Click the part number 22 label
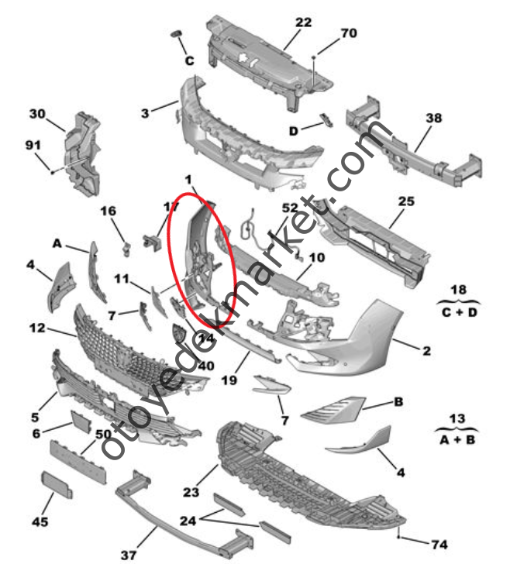[x=303, y=22]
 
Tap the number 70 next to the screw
[x=349, y=33]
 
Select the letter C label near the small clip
[x=189, y=60]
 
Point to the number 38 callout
[x=433, y=118]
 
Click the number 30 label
[x=37, y=114]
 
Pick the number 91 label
[x=33, y=145]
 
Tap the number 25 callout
[x=406, y=201]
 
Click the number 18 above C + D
[x=458, y=290]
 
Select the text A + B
[x=457, y=439]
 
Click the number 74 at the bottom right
[x=439, y=545]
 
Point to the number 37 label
[x=129, y=555]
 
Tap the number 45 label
[x=40, y=521]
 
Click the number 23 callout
[x=191, y=492]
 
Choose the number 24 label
[x=188, y=521]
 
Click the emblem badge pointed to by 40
[x=178, y=332]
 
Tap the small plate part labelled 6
[x=81, y=421]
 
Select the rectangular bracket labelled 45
[x=57, y=484]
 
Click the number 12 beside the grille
[x=37, y=328]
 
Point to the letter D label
[x=294, y=131]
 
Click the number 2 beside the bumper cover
[x=426, y=351]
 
